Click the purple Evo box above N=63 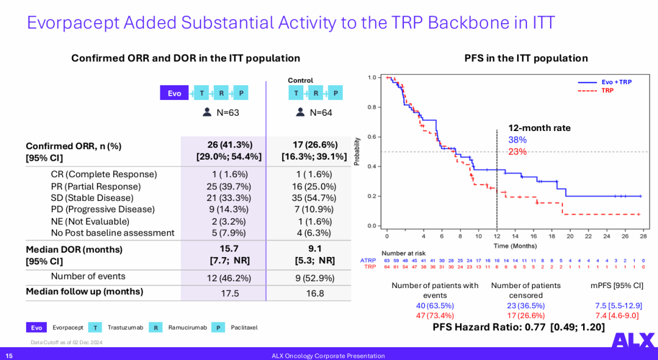pyautogui.click(x=174, y=93)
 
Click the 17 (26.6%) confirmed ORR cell pyautogui.click(x=314, y=145)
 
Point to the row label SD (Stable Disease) pyautogui.click(x=92, y=198)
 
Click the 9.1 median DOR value pyautogui.click(x=314, y=249)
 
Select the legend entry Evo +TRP pyautogui.click(x=616, y=82)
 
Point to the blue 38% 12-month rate pyautogui.click(x=517, y=139)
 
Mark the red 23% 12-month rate pyautogui.click(x=517, y=152)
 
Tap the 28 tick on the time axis pyautogui.click(x=643, y=236)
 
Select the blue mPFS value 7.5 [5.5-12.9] pyautogui.click(x=618, y=305)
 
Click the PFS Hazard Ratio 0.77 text pyautogui.click(x=518, y=327)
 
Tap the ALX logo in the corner pyautogui.click(x=633, y=341)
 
